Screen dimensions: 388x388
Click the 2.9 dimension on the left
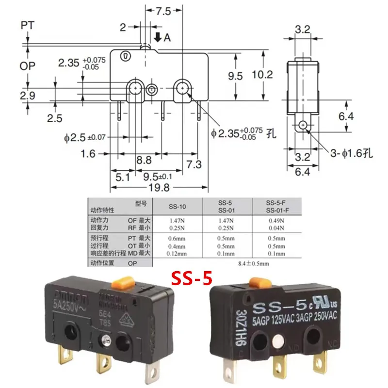pos(28,96)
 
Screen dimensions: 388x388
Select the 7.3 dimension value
pos(194,165)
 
